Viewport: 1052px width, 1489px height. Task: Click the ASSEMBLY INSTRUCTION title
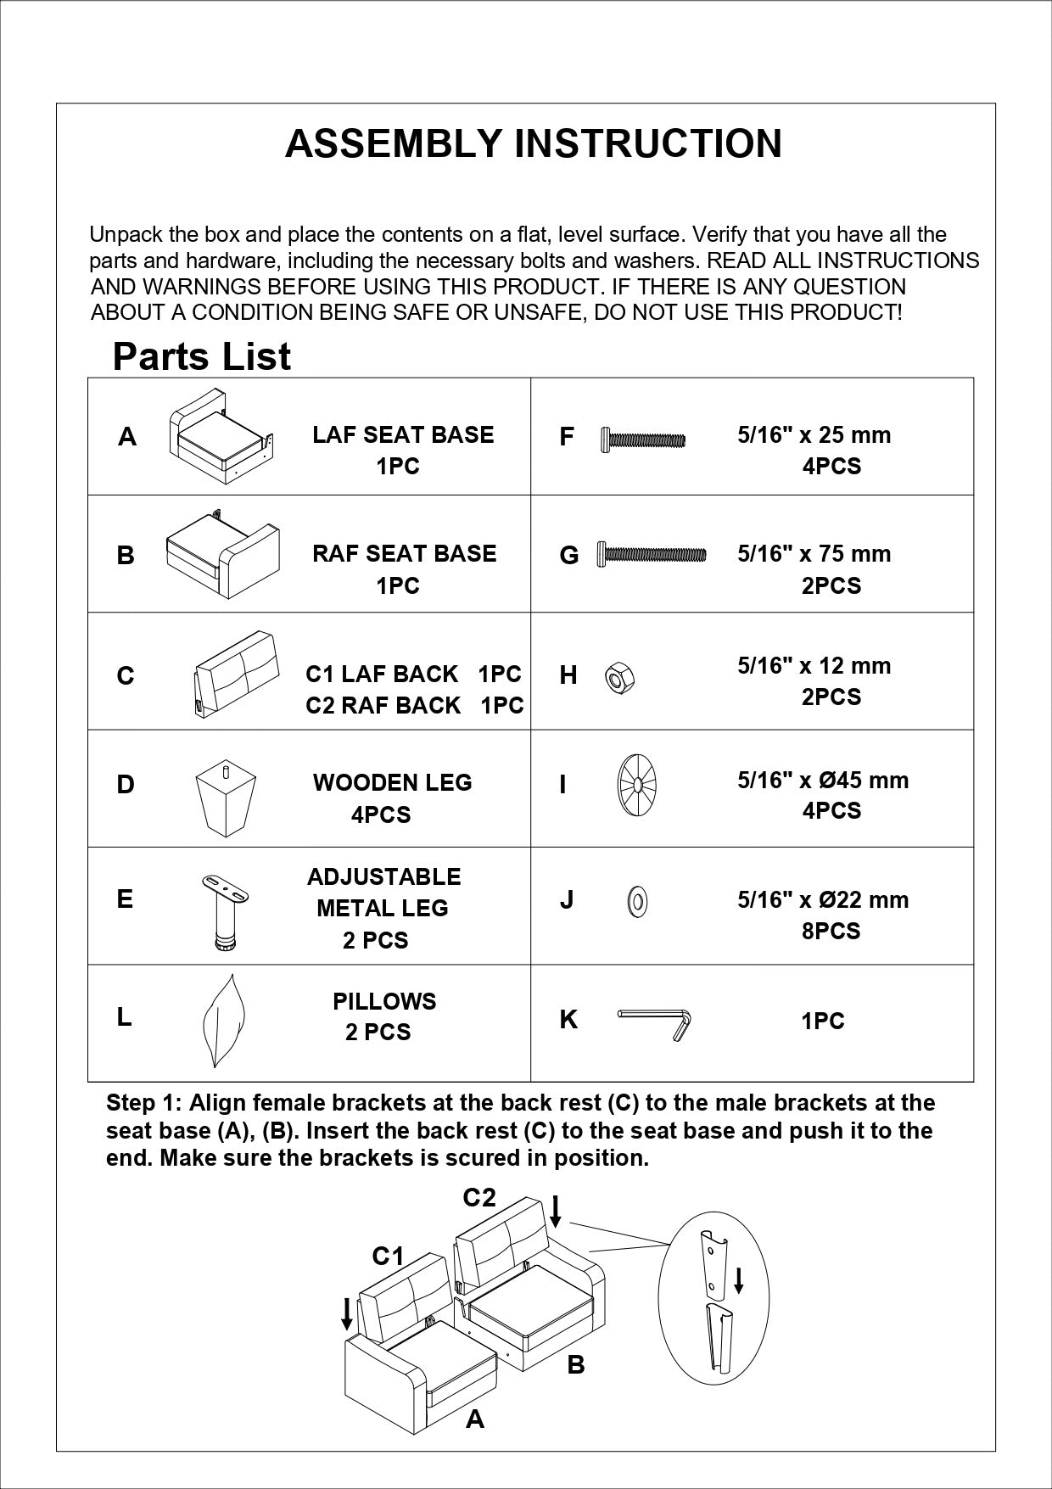point(533,143)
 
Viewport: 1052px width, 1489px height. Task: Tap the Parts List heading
point(201,356)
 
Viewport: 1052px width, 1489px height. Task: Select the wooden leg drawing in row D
point(226,800)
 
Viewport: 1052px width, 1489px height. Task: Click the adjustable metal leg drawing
point(225,910)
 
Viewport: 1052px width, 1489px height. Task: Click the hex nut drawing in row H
point(620,678)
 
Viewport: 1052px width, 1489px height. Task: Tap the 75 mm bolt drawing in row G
point(652,554)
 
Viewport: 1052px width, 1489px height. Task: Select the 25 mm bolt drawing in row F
point(642,439)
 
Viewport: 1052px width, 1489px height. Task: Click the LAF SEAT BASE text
point(403,435)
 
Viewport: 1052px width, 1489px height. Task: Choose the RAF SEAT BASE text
point(404,554)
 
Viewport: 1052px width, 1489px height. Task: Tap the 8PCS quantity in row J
point(831,931)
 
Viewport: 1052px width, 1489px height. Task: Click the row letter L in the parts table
point(125,1017)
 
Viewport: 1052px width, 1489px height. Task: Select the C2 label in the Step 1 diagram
point(478,1197)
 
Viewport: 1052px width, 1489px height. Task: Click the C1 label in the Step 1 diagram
point(388,1256)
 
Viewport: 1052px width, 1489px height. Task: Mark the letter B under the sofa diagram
point(575,1365)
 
